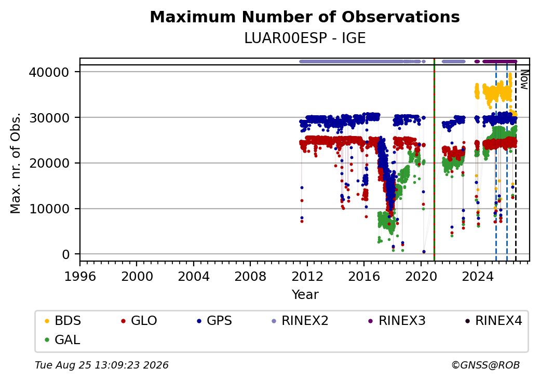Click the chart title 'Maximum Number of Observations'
tap(305, 17)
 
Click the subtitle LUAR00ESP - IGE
tap(305, 38)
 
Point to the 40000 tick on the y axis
tap(49, 72)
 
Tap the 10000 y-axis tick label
tap(49, 209)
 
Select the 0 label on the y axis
tap(66, 255)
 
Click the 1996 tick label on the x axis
tap(80, 276)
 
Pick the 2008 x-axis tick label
tap(250, 276)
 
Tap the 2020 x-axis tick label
tap(421, 276)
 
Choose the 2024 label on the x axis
tap(478, 276)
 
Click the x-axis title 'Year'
tap(305, 295)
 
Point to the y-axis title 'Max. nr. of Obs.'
tap(16, 163)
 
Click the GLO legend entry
tap(139, 321)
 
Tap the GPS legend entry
tap(214, 321)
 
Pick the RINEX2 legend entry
tap(300, 321)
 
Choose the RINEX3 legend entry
tap(397, 321)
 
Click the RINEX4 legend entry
tap(493, 321)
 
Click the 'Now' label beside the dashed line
tap(524, 80)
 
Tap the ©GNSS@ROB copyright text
tap(485, 365)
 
